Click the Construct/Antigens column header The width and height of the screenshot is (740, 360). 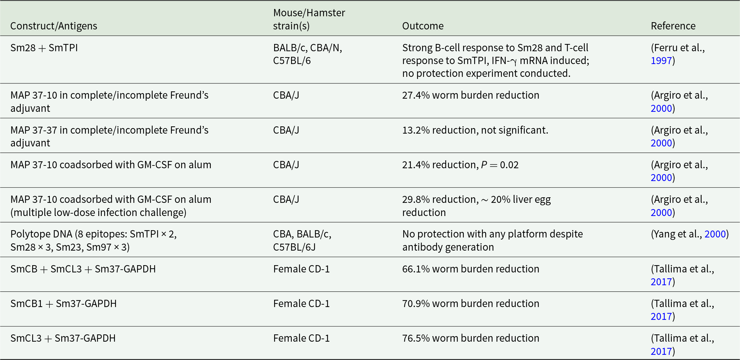tap(54, 26)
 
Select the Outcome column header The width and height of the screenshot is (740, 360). tap(423, 26)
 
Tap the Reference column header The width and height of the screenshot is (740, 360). tap(673, 26)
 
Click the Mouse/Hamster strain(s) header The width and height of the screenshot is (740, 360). tap(309, 19)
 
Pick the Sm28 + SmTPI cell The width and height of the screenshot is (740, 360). tap(44, 48)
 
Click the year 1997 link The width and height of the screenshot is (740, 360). tap(661, 61)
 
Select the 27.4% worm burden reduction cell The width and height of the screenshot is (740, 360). tap(470, 95)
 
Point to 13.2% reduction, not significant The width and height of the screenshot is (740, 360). tap(475, 130)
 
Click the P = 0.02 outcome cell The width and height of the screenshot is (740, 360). tap(460, 165)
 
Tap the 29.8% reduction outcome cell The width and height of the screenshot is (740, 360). tap(476, 206)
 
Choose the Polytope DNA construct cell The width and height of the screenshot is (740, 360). tap(93, 240)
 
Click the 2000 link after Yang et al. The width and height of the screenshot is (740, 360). tap(715, 234)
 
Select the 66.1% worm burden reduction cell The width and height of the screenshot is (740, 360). tap(470, 269)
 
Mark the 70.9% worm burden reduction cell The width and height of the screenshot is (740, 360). tap(470, 304)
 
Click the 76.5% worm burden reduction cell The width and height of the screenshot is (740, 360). tap(470, 338)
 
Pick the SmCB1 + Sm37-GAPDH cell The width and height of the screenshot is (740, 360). tap(63, 304)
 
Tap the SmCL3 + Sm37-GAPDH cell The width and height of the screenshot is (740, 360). tap(63, 338)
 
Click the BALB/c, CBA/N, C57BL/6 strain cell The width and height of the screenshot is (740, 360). tap(307, 54)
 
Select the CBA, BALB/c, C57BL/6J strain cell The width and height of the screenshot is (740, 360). tap(302, 240)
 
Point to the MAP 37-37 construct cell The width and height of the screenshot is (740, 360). tap(109, 136)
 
